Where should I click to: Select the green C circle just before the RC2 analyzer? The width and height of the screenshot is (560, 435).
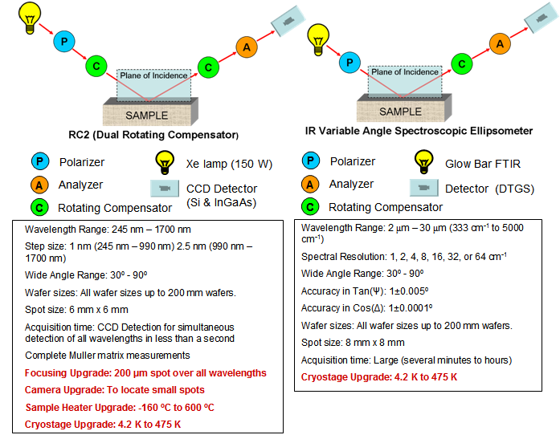click(209, 67)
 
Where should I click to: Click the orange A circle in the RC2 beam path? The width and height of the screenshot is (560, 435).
click(247, 47)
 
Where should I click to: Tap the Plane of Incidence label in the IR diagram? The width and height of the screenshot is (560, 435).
click(404, 72)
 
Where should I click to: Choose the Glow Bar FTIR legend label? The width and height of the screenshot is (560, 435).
click(483, 164)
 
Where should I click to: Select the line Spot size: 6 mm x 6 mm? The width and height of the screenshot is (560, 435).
click(76, 309)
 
